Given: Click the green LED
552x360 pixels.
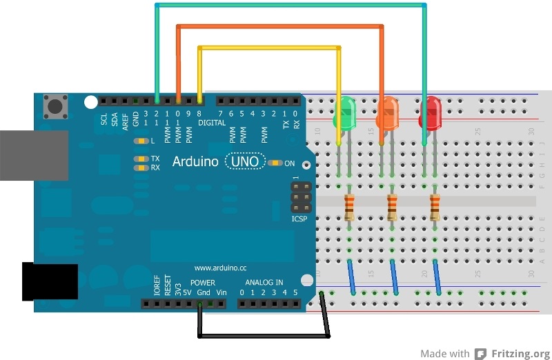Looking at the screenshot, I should click(345, 113).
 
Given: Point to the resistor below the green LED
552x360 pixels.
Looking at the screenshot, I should click(350, 206).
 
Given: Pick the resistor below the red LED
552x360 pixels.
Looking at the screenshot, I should click(435, 206).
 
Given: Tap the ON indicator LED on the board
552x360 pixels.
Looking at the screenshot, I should click(276, 163).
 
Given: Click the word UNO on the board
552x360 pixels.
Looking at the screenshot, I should click(245, 162).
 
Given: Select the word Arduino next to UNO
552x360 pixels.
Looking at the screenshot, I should click(196, 162).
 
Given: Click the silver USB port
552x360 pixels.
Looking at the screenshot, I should click(33, 155).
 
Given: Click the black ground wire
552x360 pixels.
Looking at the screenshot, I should click(262, 337).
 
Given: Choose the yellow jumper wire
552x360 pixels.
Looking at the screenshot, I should click(269, 48).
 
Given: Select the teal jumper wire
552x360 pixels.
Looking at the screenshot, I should click(290, 5).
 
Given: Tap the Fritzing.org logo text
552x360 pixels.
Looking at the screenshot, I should click(520, 354).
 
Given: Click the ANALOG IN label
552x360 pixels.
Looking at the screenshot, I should click(264, 283).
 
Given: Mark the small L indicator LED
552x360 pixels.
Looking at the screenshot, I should click(142, 141).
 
